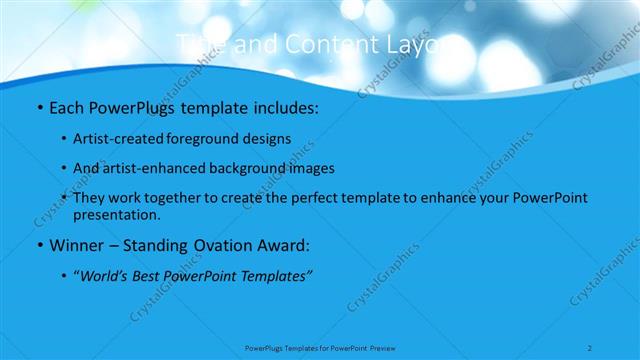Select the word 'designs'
click(x=270, y=138)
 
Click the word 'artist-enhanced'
click(x=160, y=168)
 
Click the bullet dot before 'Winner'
click(x=39, y=245)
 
